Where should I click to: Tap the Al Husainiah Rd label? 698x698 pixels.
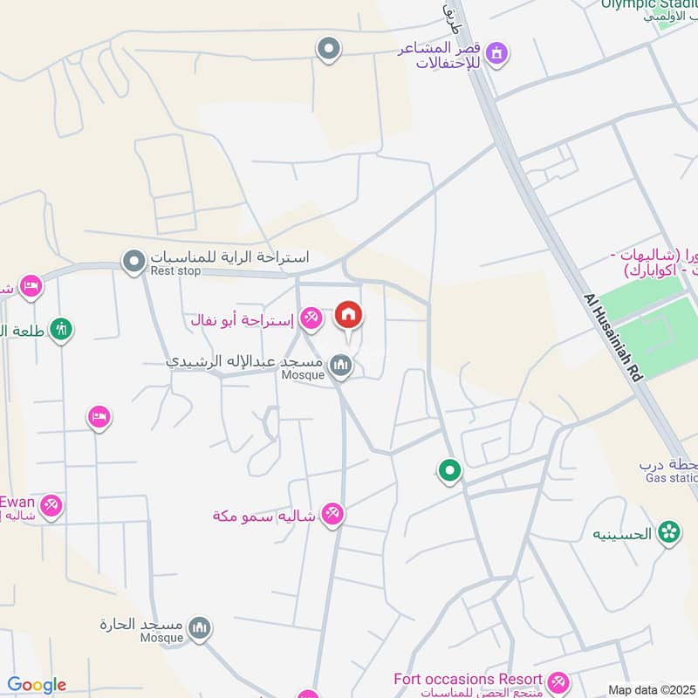[614, 335]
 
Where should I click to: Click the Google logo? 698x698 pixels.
[37, 685]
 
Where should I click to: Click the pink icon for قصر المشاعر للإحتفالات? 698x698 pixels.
[497, 54]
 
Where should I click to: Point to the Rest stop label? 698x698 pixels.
[175, 271]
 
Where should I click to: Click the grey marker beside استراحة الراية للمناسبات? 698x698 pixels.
[133, 261]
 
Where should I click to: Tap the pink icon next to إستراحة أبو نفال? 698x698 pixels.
[310, 319]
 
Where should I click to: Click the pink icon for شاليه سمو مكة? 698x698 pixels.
[332, 515]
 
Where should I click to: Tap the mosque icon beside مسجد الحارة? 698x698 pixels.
[201, 630]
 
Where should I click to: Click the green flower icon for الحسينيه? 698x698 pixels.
[669, 531]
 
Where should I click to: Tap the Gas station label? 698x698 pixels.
[671, 478]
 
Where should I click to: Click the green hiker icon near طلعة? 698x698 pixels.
[61, 330]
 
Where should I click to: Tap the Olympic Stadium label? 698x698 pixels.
[649, 4]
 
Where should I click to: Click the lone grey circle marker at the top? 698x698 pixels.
[328, 49]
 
